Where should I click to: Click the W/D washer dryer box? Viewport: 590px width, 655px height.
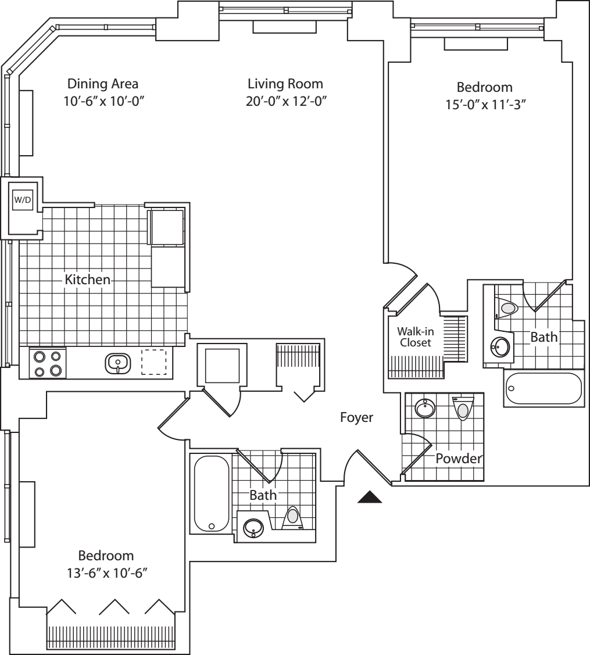click(x=23, y=200)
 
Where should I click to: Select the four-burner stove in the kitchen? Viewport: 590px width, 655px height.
click(x=47, y=364)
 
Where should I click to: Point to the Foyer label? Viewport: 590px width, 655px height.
click(x=356, y=417)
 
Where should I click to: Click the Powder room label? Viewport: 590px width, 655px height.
click(x=459, y=459)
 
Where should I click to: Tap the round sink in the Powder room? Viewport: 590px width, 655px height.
click(x=425, y=408)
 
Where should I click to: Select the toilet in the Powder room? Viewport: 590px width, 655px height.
click(x=463, y=409)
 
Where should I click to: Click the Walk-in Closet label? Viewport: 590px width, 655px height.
click(x=414, y=337)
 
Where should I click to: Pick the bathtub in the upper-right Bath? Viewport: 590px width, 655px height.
click(x=543, y=388)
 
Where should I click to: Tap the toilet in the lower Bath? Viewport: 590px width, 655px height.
click(x=293, y=517)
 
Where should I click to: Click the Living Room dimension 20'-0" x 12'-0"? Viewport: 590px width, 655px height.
click(x=285, y=101)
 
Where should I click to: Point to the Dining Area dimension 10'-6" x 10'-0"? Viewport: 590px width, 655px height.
click(x=103, y=101)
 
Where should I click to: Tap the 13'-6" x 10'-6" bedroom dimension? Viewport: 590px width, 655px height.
click(x=106, y=572)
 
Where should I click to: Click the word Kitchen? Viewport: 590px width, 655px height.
click(x=87, y=280)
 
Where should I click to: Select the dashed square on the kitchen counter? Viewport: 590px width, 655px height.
click(x=154, y=362)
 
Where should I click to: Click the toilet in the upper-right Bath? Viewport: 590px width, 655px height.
click(x=507, y=309)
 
